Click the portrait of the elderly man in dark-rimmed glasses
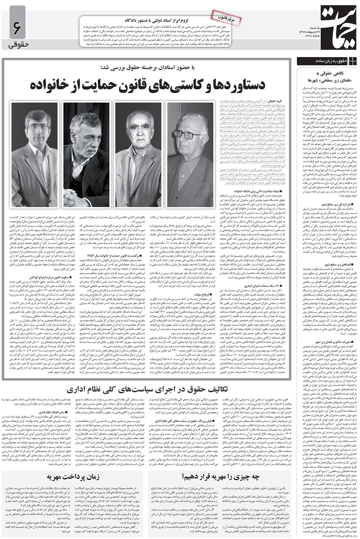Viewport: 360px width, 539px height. click(x=189, y=155)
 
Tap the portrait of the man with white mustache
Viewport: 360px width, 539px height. click(x=138, y=155)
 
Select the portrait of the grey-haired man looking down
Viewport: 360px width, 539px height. click(x=86, y=155)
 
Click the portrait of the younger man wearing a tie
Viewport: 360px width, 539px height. click(x=35, y=155)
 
